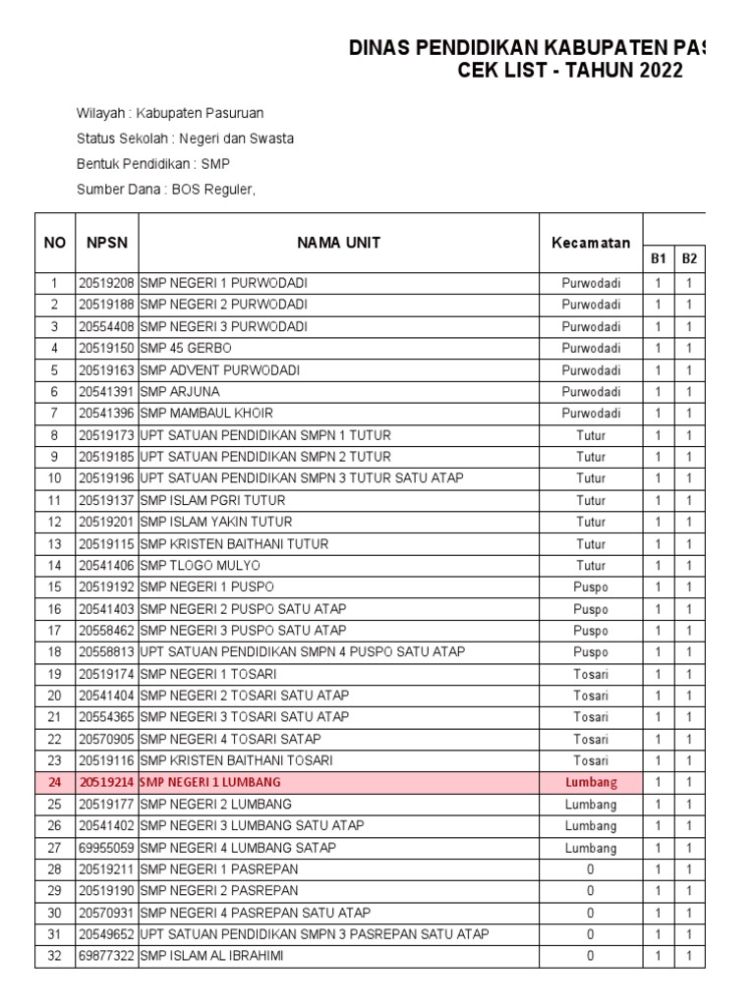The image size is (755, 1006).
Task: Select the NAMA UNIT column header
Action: (x=340, y=242)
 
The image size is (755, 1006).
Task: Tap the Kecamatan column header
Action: (x=591, y=242)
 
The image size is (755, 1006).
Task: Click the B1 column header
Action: (x=658, y=258)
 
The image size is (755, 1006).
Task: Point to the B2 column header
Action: (x=690, y=258)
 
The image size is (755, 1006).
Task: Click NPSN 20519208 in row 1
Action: (x=106, y=283)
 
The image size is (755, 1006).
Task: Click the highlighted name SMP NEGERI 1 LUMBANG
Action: (x=210, y=782)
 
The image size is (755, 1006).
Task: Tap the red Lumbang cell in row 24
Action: (x=591, y=782)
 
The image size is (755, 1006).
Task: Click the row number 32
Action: (x=55, y=956)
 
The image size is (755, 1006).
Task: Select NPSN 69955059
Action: (x=106, y=847)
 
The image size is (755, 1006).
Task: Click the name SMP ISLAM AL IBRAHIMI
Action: (x=211, y=956)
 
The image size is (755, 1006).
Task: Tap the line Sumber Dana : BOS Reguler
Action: (x=166, y=190)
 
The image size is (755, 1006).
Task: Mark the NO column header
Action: (x=55, y=242)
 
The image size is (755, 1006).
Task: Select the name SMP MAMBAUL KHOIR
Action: (x=207, y=413)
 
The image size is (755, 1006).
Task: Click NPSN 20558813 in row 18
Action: (x=106, y=651)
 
